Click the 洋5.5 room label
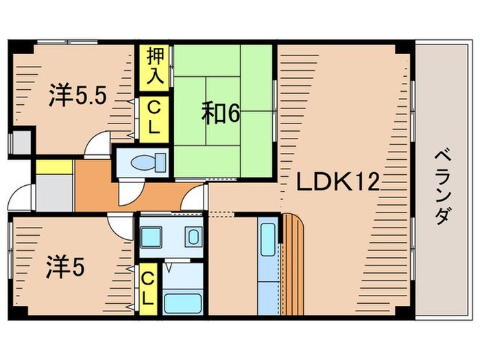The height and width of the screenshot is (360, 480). coord(77,96)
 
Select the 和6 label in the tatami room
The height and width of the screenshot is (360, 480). coord(220,113)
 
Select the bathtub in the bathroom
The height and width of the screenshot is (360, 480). coord(182,302)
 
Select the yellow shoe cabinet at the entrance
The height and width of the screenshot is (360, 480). coord(53,167)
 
